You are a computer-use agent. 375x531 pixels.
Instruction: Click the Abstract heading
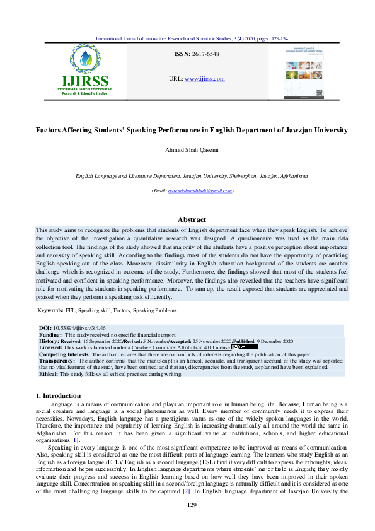(x=192, y=219)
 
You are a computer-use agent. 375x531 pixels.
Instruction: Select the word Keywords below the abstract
(x=50, y=310)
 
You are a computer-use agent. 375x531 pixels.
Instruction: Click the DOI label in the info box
(x=45, y=329)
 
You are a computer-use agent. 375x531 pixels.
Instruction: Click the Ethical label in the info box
(x=49, y=373)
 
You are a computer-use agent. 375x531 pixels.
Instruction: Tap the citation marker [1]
(x=110, y=440)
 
